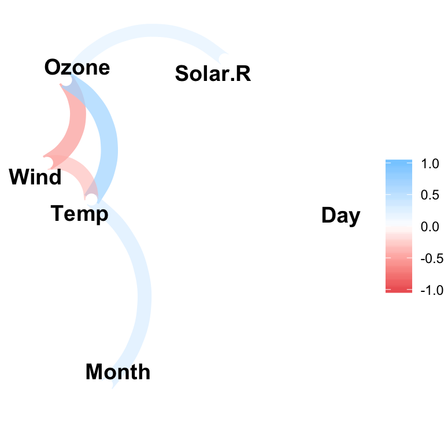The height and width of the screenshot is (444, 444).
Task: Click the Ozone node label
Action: [x=77, y=68]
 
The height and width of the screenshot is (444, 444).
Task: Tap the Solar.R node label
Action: [x=213, y=73]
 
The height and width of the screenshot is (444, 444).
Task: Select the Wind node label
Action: [x=35, y=177]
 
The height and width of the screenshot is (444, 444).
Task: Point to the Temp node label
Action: [x=79, y=214]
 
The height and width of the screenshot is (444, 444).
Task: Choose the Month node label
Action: [x=118, y=372]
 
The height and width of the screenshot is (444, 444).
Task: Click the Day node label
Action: [x=341, y=216]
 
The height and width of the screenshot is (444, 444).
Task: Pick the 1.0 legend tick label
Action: [x=430, y=164]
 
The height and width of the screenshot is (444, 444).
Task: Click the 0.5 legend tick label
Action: [x=430, y=195]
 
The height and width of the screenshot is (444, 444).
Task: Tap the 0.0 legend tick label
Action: [x=430, y=227]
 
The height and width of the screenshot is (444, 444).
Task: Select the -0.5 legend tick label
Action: [x=432, y=258]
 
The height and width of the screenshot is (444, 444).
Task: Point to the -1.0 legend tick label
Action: [x=432, y=290]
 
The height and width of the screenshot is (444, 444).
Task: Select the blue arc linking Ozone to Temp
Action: [x=109, y=147]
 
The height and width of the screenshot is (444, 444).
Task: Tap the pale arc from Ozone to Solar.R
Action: [x=151, y=30]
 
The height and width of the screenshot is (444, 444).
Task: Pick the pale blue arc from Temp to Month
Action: [x=145, y=294]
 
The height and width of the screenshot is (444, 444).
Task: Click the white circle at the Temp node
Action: [x=91, y=199]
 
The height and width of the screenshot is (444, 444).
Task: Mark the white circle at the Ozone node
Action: [x=66, y=80]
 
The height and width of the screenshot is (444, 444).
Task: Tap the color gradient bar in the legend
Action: [x=399, y=226]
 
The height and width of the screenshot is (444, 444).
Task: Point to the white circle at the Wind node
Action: [x=47, y=162]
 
